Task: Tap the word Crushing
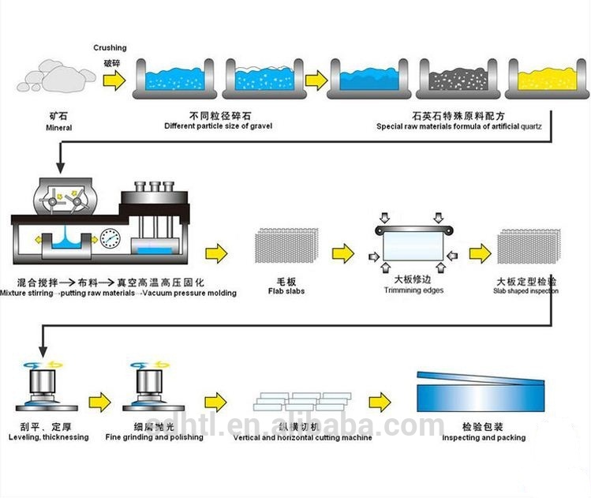pos(110,48)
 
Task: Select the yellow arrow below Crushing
pos(114,80)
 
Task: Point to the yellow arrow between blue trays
pos(316,80)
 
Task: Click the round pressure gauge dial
pos(109,238)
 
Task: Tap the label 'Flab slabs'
pos(291,291)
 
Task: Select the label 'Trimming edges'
pos(413,290)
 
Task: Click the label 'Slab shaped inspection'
pos(527,290)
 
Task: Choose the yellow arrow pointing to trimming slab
pos(342,254)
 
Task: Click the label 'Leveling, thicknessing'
pos(49,437)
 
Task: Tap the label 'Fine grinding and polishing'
pos(154,437)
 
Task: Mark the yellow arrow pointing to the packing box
pos(380,399)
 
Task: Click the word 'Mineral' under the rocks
pos(58,126)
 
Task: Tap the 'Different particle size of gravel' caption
pos(219,126)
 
